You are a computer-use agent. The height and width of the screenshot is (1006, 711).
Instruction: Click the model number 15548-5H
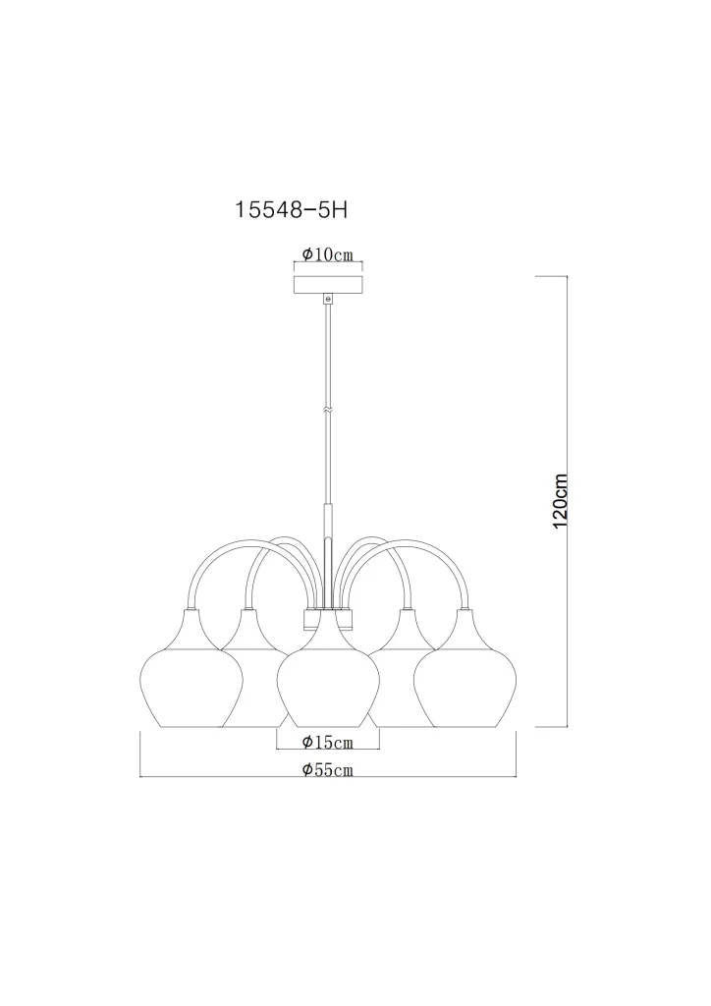pyautogui.click(x=292, y=210)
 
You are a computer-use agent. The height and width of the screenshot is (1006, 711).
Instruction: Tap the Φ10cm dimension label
pyautogui.click(x=328, y=254)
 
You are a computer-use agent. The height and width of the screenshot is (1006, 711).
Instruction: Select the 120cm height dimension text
pyautogui.click(x=560, y=501)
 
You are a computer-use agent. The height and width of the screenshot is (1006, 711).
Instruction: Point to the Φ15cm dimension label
pyautogui.click(x=328, y=743)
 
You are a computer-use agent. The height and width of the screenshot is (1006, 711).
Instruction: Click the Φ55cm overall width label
pyautogui.click(x=328, y=770)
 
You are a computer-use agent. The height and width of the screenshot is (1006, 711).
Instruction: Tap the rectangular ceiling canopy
pyautogui.click(x=328, y=285)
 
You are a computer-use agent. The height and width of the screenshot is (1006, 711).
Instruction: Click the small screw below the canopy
pyautogui.click(x=328, y=299)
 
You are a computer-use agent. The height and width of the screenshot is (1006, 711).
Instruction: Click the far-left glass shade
pyautogui.click(x=191, y=680)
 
